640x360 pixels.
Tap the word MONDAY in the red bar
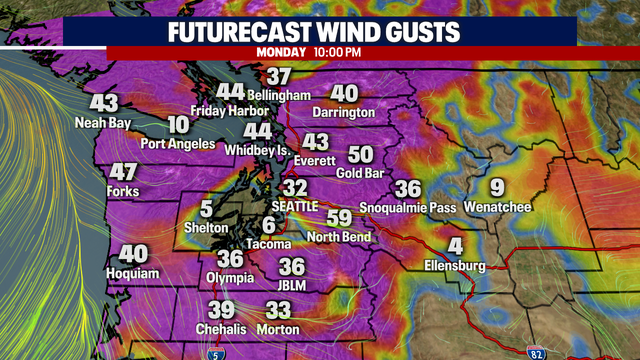coord(281,52)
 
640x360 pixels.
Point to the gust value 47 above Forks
coord(123,171)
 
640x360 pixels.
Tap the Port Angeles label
coord(178,143)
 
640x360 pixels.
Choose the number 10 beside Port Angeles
coord(178,125)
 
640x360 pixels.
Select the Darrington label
coord(343,112)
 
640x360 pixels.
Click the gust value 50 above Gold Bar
coord(360,155)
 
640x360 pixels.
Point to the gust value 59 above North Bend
coord(340,218)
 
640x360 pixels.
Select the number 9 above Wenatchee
coord(497,187)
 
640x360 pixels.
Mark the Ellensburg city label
coord(453,266)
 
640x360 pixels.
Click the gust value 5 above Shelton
coord(206,209)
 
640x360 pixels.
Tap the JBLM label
coord(292,285)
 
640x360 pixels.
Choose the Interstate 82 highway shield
coord(537,351)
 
